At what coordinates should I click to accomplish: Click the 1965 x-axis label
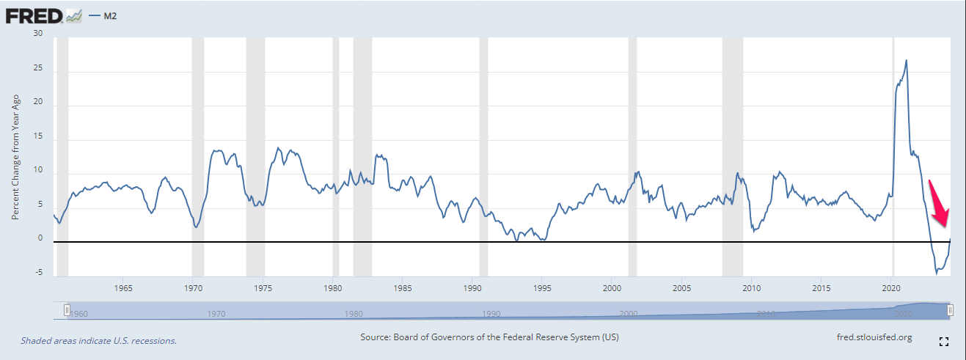coord(122,287)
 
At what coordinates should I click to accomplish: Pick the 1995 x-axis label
coord(542,287)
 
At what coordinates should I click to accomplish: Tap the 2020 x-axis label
coord(892,287)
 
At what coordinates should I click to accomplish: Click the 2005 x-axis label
coord(682,287)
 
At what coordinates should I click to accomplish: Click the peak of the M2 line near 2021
coord(907,60)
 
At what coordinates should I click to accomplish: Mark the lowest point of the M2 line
coord(937,273)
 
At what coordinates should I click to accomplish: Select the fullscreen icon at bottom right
coord(944,341)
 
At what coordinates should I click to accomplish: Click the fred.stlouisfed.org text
coord(874,337)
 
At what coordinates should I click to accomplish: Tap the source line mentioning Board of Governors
coord(490,337)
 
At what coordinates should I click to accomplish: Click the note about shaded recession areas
coord(98,340)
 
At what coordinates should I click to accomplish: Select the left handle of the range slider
coord(67,311)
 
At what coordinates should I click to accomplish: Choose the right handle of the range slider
coord(951,311)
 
